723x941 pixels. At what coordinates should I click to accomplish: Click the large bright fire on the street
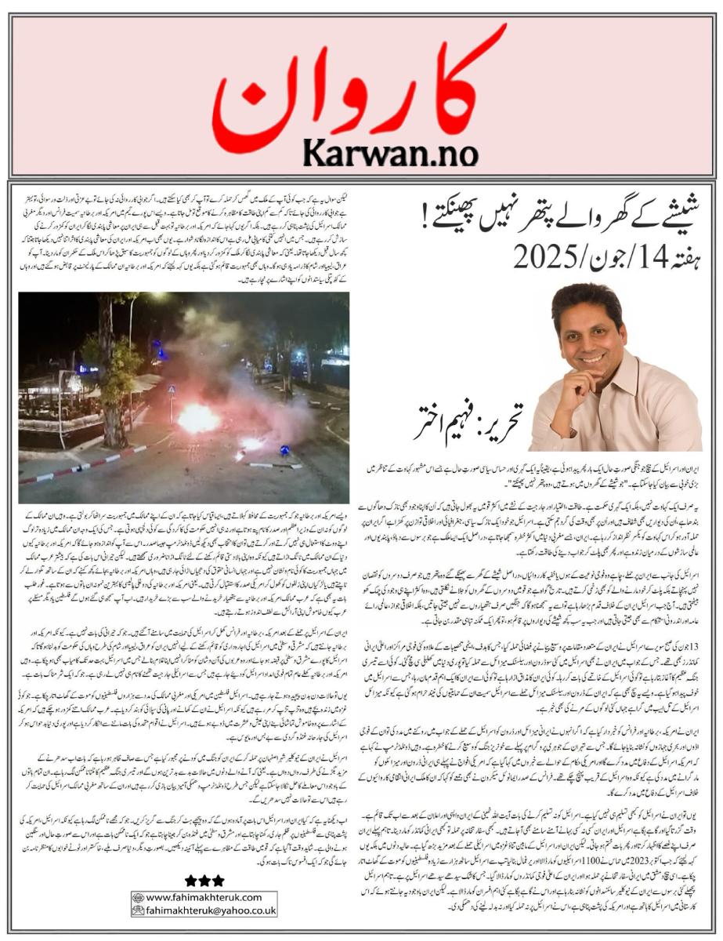197,418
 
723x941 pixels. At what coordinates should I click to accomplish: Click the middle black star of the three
204,881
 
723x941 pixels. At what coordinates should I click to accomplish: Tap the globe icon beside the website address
138,897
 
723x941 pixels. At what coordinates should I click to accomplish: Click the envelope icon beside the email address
138,911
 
